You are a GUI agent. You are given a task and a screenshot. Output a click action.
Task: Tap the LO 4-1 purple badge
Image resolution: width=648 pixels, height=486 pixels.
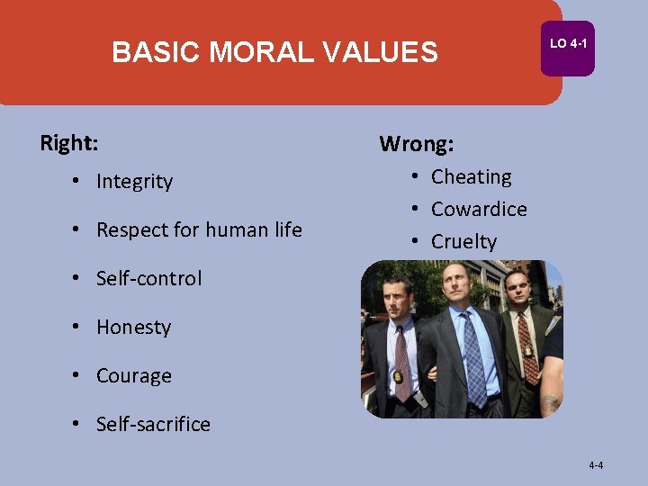[567, 44]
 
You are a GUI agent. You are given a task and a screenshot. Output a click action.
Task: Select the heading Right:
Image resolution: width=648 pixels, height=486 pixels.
[69, 143]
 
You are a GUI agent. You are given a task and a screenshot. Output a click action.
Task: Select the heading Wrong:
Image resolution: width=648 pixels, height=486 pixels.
[417, 144]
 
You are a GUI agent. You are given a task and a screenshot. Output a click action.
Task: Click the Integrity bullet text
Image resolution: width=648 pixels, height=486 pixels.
[134, 182]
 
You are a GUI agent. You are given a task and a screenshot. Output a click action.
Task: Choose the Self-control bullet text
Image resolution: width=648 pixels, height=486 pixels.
[148, 279]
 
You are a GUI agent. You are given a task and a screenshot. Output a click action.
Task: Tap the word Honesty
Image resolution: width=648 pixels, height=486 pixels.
[133, 328]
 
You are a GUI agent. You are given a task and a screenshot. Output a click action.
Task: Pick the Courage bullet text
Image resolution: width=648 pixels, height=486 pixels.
[133, 376]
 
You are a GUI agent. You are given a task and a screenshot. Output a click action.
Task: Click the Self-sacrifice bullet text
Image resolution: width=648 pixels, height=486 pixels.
[153, 425]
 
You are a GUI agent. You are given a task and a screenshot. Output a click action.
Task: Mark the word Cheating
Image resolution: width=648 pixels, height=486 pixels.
[471, 177]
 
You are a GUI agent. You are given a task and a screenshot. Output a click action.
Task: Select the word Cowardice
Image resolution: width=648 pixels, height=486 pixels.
[479, 210]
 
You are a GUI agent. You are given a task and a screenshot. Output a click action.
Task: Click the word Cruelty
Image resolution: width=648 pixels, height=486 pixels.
[463, 242]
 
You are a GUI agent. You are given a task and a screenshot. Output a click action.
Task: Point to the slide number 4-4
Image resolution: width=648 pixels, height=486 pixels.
[596, 465]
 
